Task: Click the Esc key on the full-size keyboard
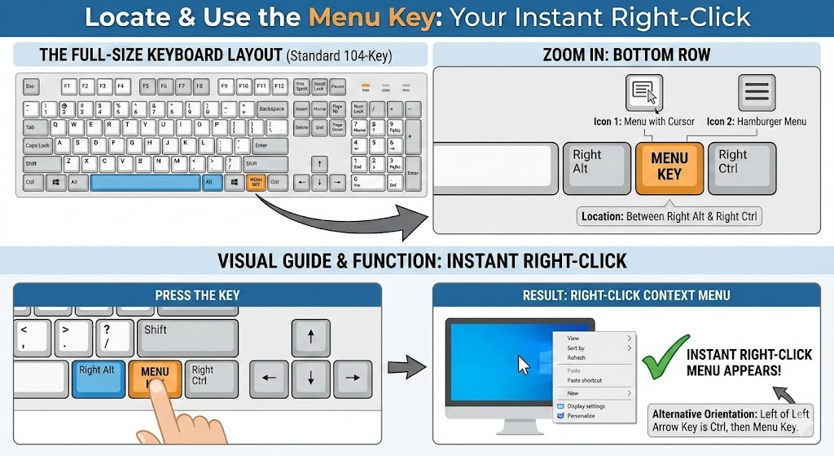[31, 86]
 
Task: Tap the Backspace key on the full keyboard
[271, 108]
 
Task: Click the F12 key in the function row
[279, 86]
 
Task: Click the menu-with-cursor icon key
[644, 92]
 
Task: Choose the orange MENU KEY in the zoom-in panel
[669, 168]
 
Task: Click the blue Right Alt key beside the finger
[97, 378]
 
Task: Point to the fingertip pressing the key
[162, 390]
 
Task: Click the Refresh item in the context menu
[576, 357]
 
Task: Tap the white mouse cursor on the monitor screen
[524, 364]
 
